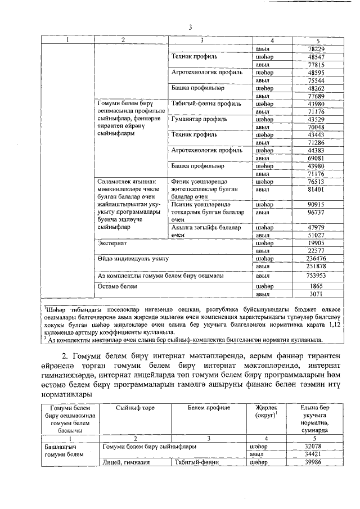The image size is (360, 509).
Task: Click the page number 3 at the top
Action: point(190,27)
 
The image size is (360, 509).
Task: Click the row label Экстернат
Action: point(112,243)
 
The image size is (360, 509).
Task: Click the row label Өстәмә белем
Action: point(118,286)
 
